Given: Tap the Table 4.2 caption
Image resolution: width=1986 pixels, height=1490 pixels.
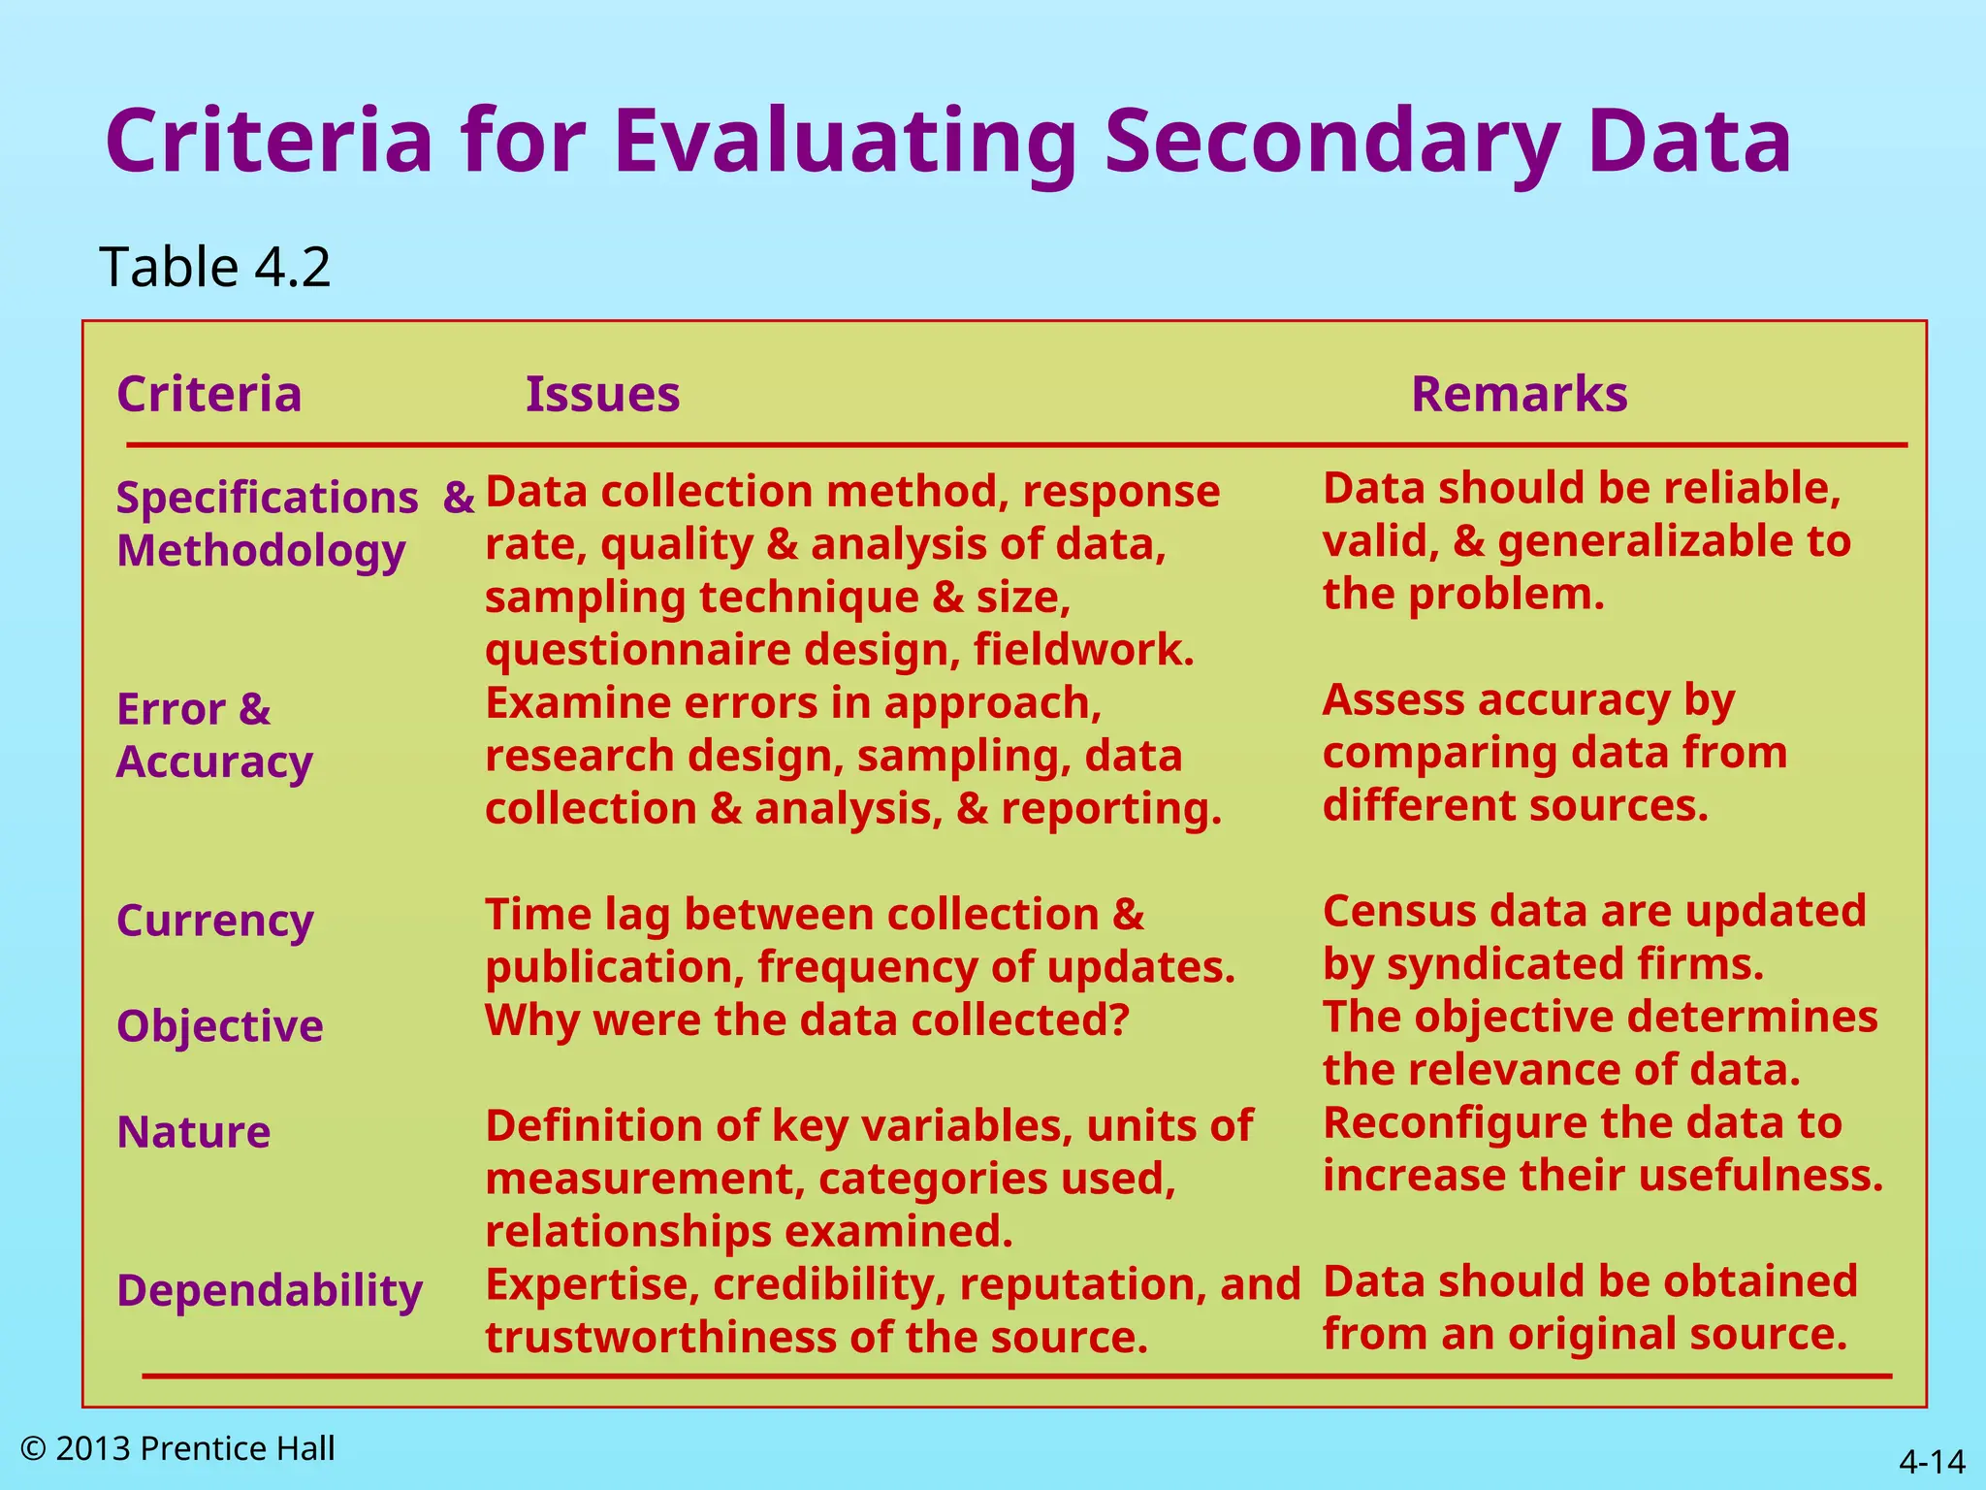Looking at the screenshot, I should coord(214,267).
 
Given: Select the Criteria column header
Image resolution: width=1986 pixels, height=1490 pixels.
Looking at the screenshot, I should coord(209,395).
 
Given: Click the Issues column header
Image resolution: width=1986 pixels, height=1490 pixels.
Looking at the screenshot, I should coord(602,395).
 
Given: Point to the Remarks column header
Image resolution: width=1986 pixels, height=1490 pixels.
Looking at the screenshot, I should coord(1519,395).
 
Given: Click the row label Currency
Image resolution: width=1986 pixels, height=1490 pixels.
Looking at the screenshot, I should coord(215,922).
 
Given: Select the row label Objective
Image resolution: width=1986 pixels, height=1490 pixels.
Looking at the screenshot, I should coord(220,1026).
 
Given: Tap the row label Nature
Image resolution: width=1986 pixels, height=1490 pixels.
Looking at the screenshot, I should coord(194,1132).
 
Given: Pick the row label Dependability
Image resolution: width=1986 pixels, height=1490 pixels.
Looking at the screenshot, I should coord(270,1291).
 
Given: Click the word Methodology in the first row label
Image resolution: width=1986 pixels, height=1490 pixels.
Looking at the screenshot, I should coord(261,552).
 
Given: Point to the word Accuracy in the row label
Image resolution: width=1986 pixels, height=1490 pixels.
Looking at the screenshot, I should coord(215,762).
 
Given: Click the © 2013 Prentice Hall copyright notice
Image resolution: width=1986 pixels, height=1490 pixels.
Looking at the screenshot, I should coord(177,1448).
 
